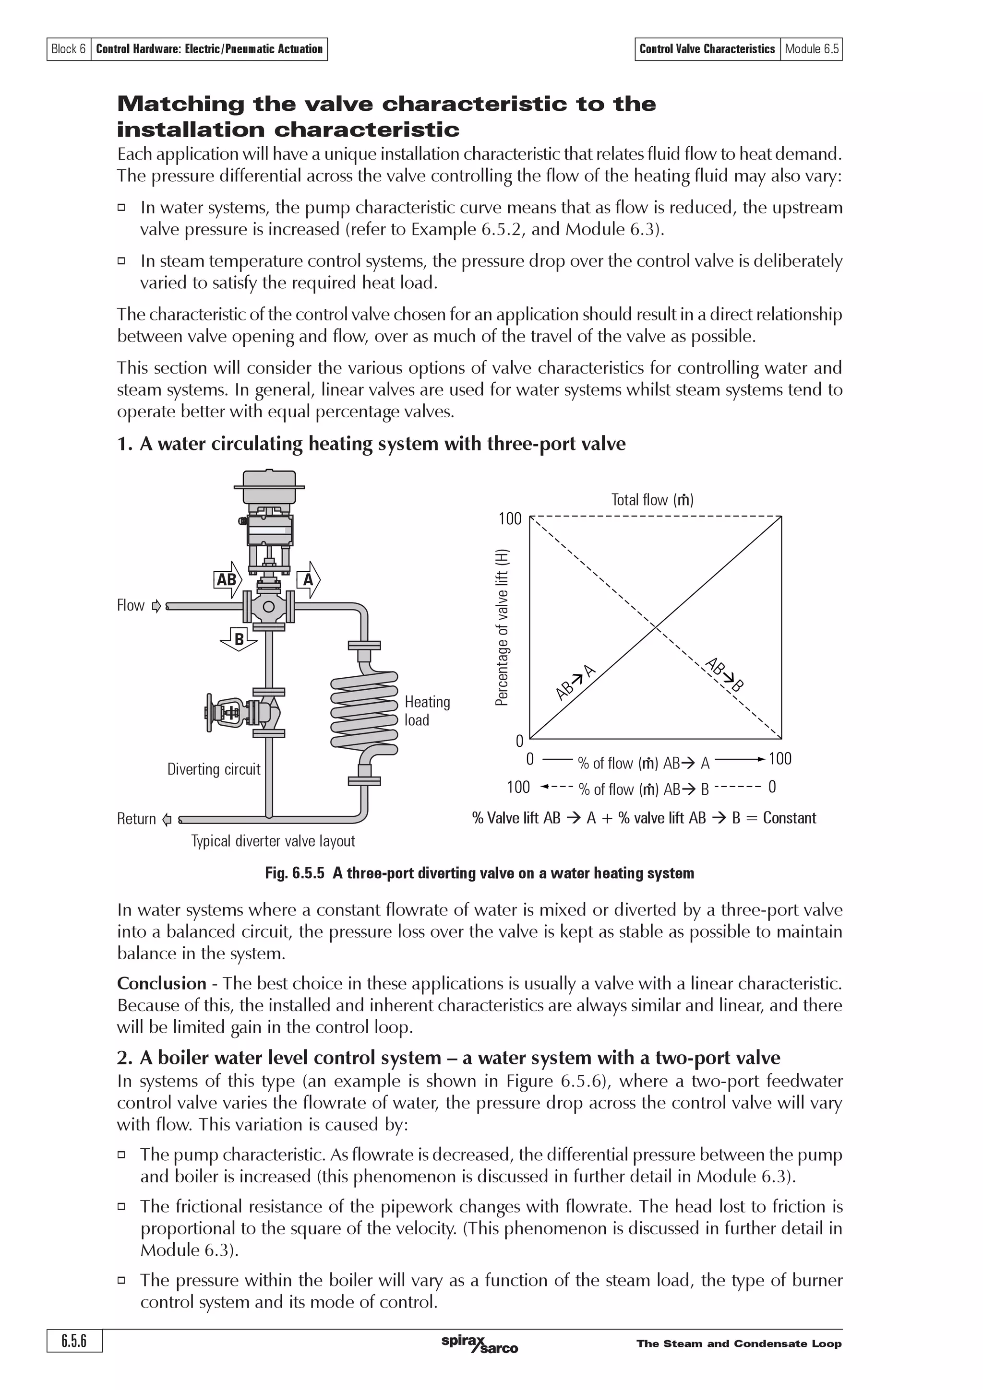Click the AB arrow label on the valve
click(227, 579)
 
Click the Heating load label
click(427, 711)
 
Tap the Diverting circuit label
click(213, 769)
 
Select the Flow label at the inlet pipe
click(131, 605)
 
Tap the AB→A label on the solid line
click(576, 682)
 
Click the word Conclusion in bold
click(162, 983)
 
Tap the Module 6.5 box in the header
click(811, 49)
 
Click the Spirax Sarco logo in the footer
click(480, 1344)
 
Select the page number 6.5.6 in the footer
click(74, 1341)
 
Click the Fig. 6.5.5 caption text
click(480, 873)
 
